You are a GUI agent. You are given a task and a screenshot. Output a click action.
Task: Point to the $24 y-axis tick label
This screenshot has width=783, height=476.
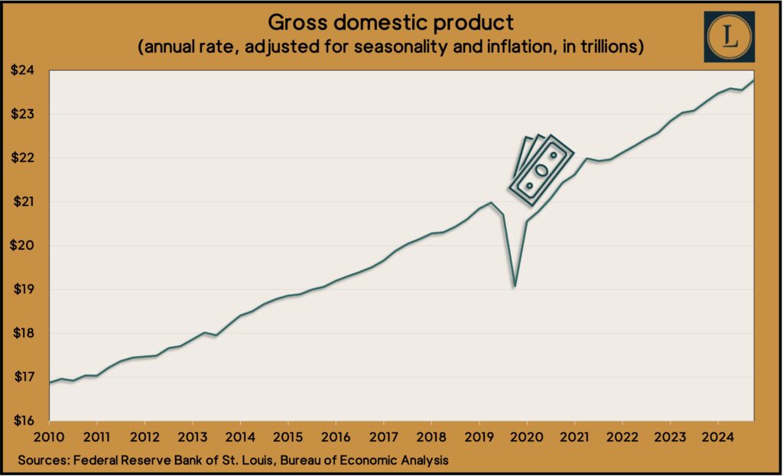[x=28, y=70]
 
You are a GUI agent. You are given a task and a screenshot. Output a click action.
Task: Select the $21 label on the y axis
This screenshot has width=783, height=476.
[x=28, y=202]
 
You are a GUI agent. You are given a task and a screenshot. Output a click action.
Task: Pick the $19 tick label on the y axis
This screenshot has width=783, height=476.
[x=28, y=290]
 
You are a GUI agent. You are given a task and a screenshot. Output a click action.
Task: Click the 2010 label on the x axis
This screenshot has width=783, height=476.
[x=49, y=437]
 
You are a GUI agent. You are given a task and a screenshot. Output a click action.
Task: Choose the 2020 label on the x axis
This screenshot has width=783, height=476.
[x=527, y=437]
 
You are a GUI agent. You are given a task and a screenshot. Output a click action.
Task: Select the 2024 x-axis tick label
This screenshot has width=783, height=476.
[x=717, y=437]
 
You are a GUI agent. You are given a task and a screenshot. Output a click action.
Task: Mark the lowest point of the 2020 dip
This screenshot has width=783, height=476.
[x=515, y=287]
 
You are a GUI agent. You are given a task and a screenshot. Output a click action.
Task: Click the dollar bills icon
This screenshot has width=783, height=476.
[x=541, y=170]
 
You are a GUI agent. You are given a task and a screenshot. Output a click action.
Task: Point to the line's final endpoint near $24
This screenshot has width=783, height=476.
[x=754, y=80]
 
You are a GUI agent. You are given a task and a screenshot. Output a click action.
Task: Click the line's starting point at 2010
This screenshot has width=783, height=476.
[x=50, y=383]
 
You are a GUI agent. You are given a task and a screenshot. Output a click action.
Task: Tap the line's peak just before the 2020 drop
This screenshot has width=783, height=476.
[x=491, y=202]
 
